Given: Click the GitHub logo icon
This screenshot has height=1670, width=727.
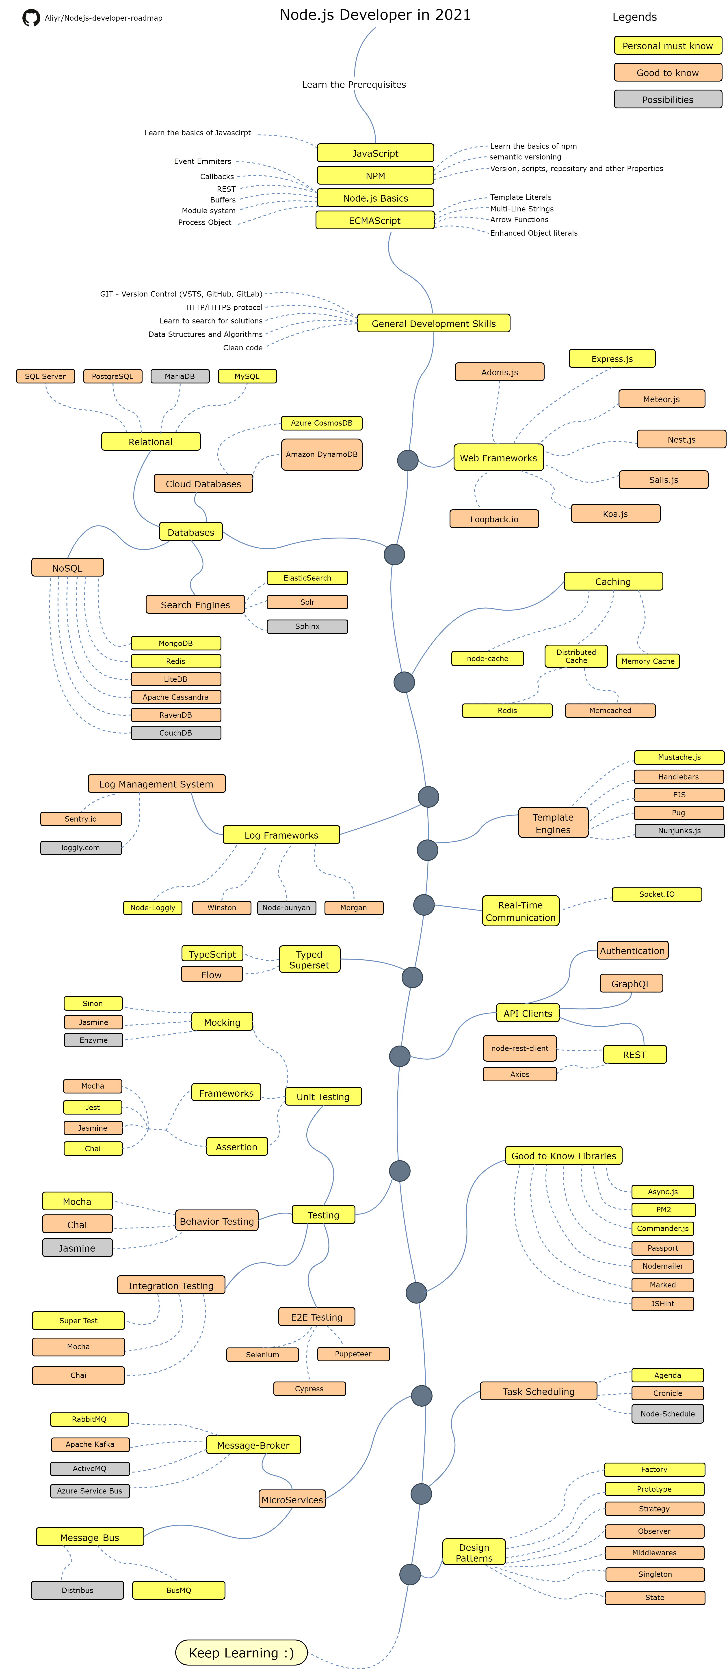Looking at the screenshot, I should coord(30,17).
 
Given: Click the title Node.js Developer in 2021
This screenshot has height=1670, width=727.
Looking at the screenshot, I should coord(375,15).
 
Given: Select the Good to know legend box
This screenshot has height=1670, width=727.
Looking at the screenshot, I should coord(667,73).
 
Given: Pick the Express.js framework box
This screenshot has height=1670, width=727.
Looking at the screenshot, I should coord(612,359).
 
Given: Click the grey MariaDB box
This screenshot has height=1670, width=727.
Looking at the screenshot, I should coord(180,376).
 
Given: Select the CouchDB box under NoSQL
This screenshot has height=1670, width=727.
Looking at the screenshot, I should coord(176,733).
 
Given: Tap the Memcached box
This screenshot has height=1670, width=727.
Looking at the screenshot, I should coord(610,710).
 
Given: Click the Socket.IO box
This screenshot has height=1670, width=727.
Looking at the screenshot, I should coord(656,894).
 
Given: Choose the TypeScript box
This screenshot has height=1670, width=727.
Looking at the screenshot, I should coord(212,954).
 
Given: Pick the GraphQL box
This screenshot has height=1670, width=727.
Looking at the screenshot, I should coord(630,983).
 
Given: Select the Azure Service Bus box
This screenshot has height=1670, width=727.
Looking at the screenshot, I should coord(89,1490).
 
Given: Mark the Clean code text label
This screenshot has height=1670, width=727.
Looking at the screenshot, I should coord(242,347).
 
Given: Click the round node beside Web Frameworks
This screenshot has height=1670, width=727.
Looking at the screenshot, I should coord(407,460).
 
